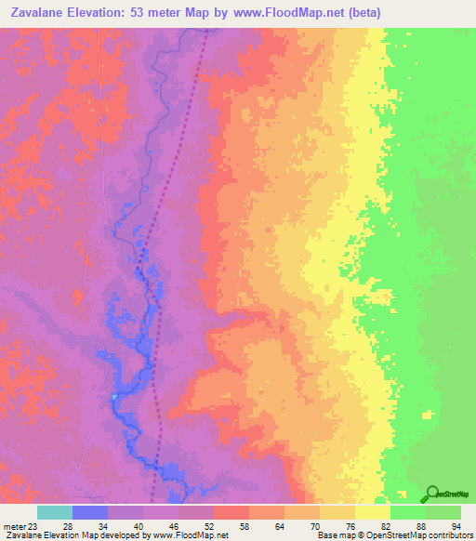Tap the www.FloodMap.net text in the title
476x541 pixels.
[x=285, y=13]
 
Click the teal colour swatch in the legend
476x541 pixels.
[x=55, y=512]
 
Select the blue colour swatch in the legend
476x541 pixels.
[x=90, y=512]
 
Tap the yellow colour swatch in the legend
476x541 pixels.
[x=372, y=512]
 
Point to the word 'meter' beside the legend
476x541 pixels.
[x=14, y=525]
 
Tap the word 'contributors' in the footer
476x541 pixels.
[x=449, y=535]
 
